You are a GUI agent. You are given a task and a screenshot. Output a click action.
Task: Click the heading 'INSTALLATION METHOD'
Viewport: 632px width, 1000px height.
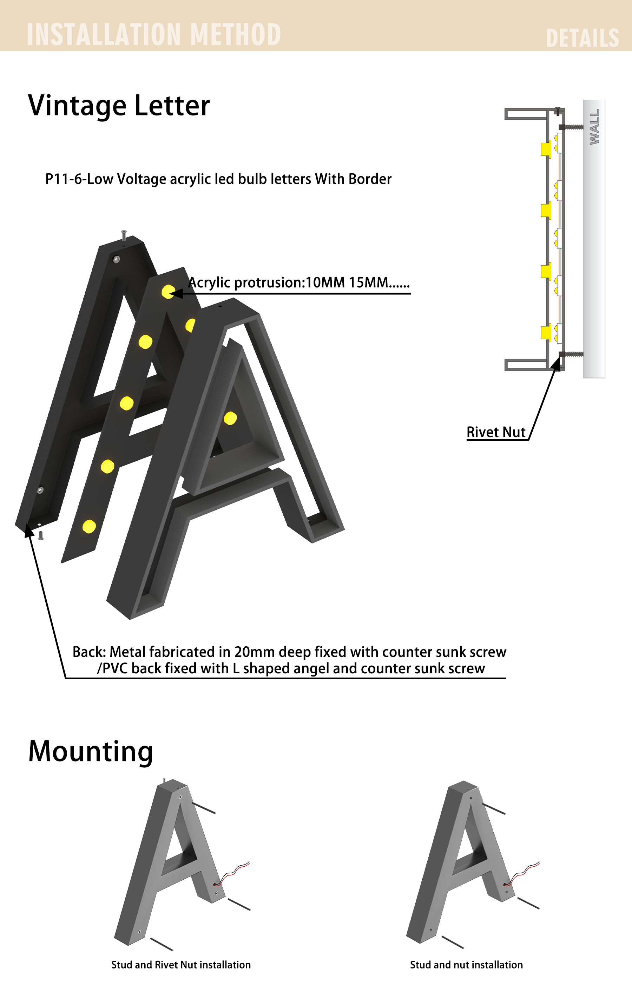154,34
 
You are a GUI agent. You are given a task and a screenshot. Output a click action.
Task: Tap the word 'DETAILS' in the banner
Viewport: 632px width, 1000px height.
582,38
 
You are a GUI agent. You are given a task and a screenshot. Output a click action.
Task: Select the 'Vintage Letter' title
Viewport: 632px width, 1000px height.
119,106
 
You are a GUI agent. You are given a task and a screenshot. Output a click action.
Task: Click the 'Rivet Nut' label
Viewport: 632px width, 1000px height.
496,432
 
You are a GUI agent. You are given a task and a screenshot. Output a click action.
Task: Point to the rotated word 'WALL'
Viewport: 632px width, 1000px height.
594,127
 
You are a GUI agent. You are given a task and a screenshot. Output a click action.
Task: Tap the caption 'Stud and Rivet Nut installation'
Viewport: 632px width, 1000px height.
181,964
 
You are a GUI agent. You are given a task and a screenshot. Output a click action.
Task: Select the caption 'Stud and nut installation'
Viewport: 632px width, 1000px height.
466,964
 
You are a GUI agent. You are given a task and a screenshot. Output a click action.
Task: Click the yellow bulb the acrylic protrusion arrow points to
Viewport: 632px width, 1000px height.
168,292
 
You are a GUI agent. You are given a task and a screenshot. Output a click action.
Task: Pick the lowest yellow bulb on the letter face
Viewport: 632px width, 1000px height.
89,527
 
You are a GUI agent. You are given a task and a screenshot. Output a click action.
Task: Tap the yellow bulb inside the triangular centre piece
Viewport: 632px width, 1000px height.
230,418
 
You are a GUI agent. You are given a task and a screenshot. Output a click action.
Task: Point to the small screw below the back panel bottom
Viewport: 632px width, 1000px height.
41,536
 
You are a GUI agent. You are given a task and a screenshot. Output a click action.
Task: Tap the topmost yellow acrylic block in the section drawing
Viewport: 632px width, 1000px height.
546,149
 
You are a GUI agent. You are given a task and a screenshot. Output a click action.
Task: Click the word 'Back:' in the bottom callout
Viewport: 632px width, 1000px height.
89,652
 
